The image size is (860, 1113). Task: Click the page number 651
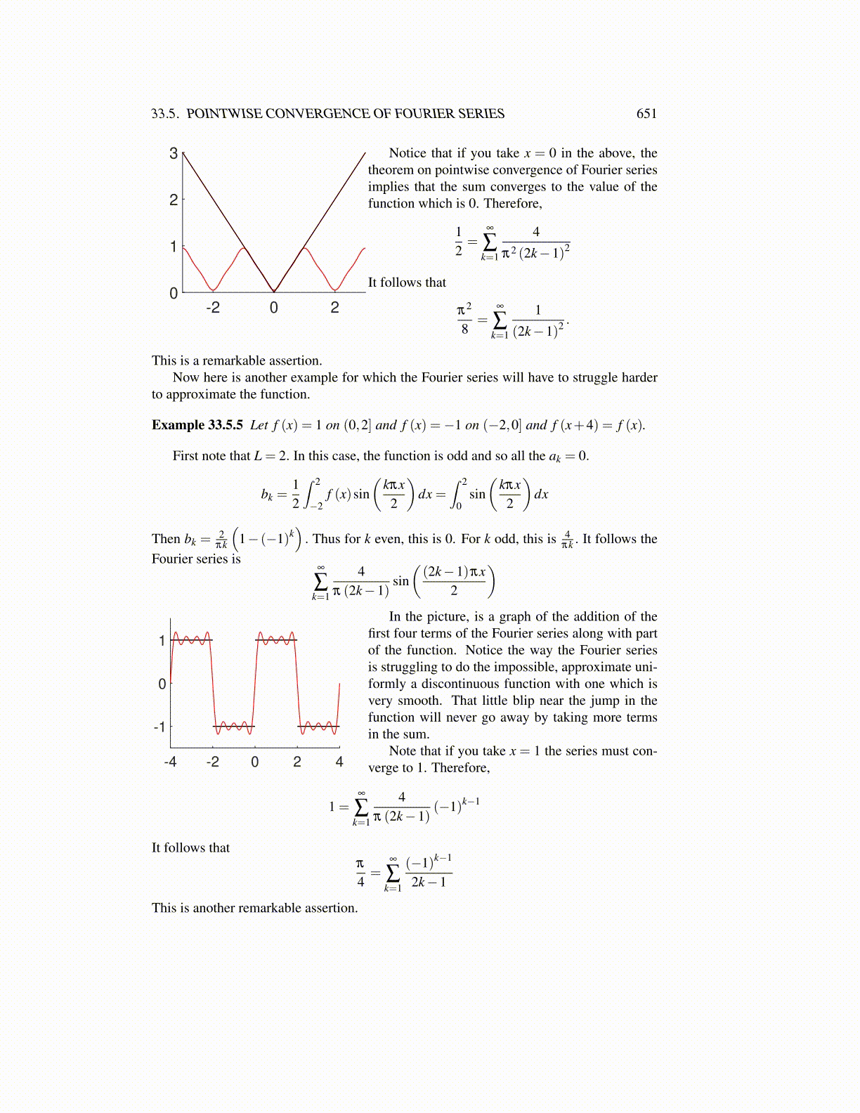pos(646,114)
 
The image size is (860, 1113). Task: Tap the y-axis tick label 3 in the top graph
pos(174,153)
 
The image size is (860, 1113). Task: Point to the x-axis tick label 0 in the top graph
pos(273,307)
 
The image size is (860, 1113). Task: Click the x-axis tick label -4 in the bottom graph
pos(169,762)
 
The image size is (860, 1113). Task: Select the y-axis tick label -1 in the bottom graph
pos(159,727)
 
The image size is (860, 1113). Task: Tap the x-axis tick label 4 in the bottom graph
pos(339,762)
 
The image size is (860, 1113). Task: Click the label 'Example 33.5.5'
pos(197,425)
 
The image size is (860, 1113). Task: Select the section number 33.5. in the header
pos(165,114)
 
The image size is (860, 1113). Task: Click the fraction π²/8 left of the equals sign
pos(464,319)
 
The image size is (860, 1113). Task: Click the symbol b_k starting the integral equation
pos(267,495)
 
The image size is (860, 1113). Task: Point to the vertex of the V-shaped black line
pos(274,292)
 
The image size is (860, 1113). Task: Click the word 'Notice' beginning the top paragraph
pos(408,153)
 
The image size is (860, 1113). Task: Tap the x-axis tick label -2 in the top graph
pos(212,307)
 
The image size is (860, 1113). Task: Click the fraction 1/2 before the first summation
pos(459,240)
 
